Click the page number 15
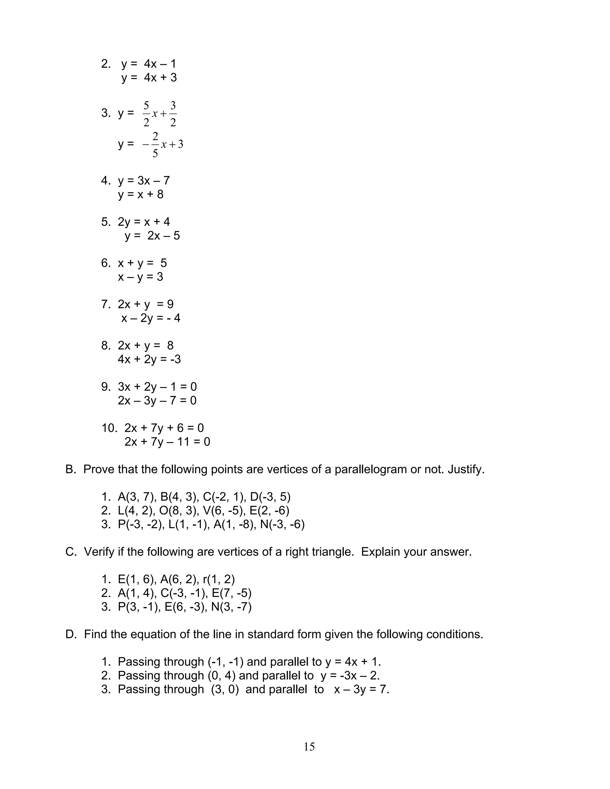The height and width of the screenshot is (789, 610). pos(309,746)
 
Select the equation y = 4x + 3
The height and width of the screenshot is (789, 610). pos(149,78)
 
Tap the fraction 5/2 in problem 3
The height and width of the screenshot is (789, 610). pos(146,114)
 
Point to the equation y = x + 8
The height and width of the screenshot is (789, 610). pos(141,194)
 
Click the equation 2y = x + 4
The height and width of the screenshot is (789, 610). pos(144,222)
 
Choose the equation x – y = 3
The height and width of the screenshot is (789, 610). pos(140,277)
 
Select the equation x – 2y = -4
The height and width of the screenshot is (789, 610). pos(151,318)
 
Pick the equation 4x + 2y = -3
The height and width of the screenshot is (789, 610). pos(149,359)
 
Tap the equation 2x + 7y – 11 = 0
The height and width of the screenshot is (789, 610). pos(167,442)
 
